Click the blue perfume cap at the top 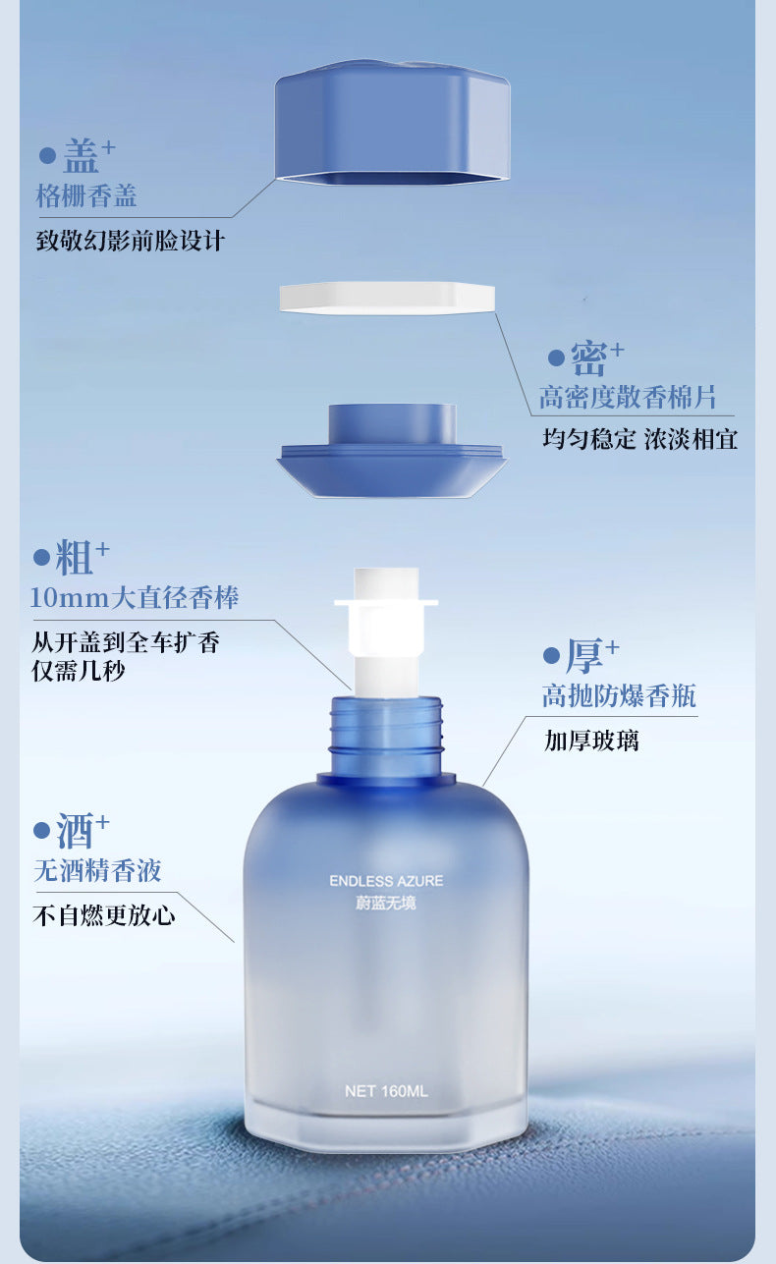tap(393, 123)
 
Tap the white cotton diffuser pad tap(387, 298)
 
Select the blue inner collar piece tap(392, 450)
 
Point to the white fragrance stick tap(386, 631)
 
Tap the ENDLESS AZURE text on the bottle tap(386, 881)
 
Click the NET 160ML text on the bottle tap(386, 1091)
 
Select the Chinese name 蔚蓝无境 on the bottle tap(386, 903)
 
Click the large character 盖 tap(82, 156)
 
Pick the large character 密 tap(588, 357)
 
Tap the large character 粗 tap(74, 558)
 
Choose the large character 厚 tap(584, 655)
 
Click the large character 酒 tap(75, 830)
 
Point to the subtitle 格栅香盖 tap(86, 196)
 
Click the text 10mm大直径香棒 tap(135, 597)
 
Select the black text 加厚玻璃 tap(591, 741)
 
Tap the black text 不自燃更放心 tap(104, 915)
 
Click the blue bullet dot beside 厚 tap(551, 656)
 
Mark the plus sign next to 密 tap(617, 350)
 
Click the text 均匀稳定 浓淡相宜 tap(640, 439)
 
